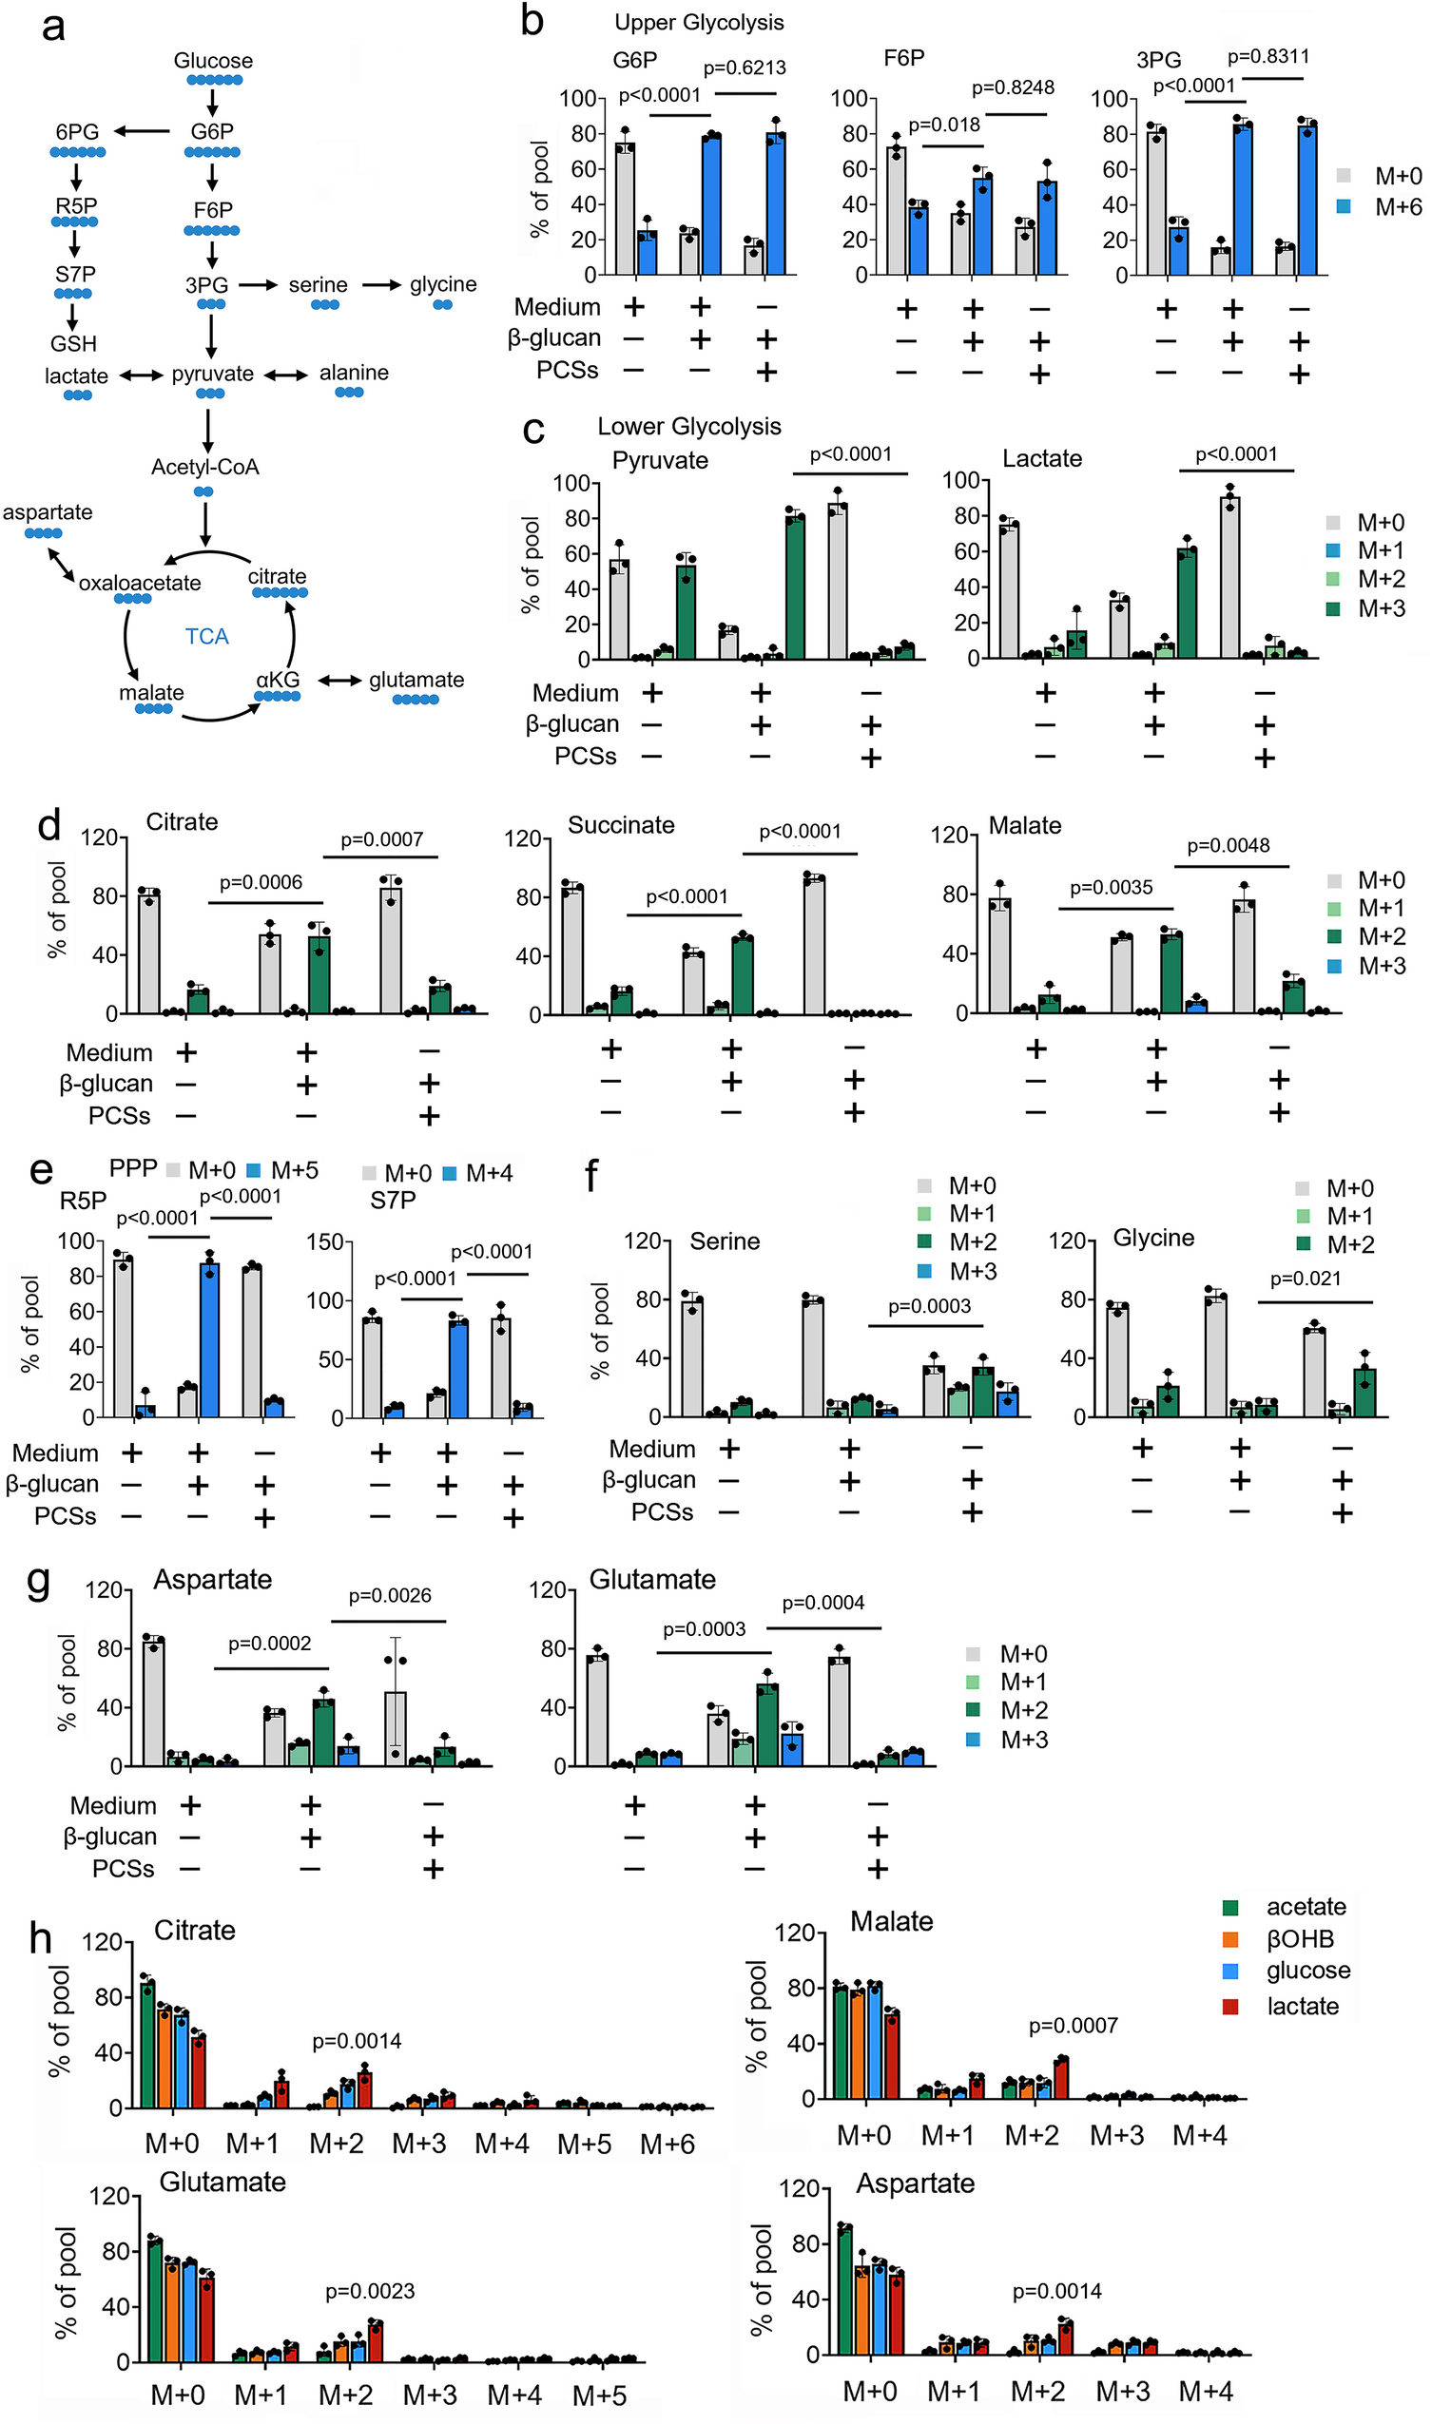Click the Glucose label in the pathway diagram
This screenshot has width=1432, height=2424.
[213, 61]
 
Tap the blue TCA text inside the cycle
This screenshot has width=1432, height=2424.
[206, 637]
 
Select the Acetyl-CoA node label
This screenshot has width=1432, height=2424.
[204, 467]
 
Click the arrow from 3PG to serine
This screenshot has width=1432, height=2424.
[258, 284]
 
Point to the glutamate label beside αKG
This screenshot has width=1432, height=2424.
[416, 680]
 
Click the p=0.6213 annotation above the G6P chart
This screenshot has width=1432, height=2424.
[744, 67]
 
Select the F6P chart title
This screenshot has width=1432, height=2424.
[903, 59]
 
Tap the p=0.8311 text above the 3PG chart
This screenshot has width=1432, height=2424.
[1268, 56]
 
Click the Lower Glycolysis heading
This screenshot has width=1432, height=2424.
[689, 427]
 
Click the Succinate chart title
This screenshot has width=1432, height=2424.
[621, 825]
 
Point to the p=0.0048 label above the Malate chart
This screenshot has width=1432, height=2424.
[1228, 845]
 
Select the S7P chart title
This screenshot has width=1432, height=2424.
[393, 1200]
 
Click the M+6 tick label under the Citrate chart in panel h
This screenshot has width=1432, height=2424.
[667, 2144]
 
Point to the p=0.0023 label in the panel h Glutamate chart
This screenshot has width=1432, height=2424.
[370, 2291]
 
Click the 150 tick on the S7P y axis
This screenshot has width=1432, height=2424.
[325, 1241]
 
